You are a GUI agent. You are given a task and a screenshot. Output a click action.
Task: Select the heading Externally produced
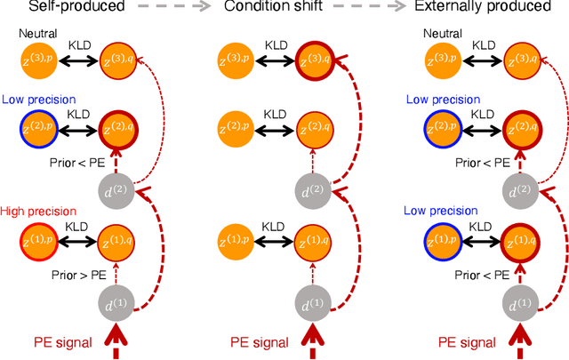501,9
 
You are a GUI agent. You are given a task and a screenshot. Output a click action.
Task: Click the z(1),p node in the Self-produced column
40,239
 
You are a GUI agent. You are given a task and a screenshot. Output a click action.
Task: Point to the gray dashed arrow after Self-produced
177,9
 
